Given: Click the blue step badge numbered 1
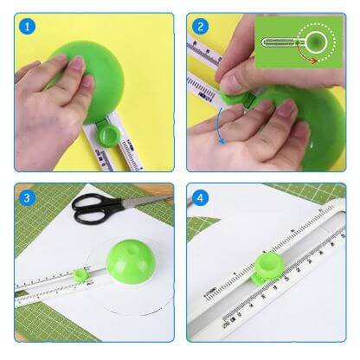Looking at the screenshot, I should [28, 27].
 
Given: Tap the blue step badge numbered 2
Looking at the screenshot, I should [200, 27].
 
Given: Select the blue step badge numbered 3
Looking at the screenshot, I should [28, 197].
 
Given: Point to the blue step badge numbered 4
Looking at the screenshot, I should [200, 197].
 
